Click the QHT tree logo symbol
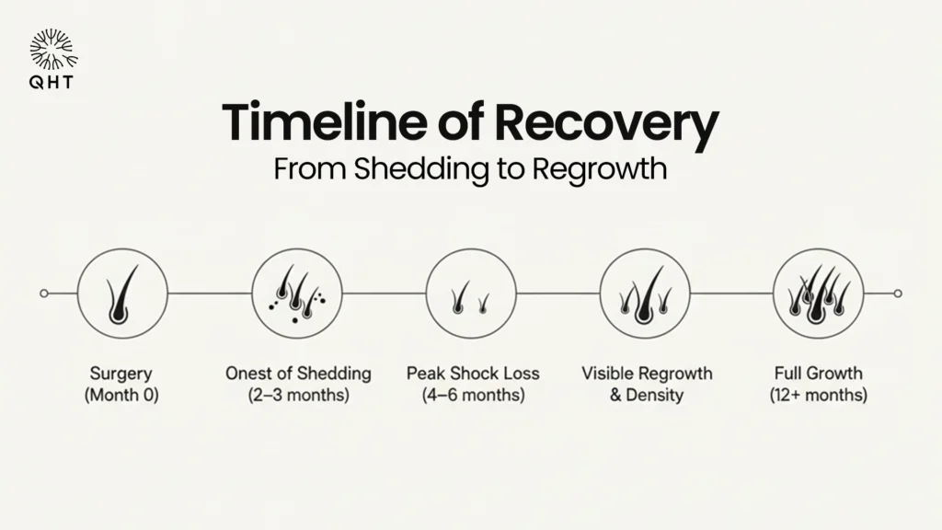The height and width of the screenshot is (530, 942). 53,50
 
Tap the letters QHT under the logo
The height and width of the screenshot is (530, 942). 52,82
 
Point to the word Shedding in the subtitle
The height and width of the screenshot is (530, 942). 421,168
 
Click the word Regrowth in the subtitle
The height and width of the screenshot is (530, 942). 600,169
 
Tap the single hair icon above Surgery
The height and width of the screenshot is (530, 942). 122,294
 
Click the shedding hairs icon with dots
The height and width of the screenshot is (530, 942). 297,294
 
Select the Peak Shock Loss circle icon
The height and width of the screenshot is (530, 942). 471,294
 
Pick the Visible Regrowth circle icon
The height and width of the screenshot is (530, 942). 645,294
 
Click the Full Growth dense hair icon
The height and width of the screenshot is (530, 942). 818,294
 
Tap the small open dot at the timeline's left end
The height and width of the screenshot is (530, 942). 44,294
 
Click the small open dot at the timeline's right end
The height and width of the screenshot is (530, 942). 898,294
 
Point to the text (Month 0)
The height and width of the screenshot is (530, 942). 121,396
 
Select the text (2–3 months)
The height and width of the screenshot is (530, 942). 299,396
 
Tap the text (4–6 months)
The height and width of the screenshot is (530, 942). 474,396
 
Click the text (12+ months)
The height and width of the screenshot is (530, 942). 818,396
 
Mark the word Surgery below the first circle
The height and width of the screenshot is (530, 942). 121,374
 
